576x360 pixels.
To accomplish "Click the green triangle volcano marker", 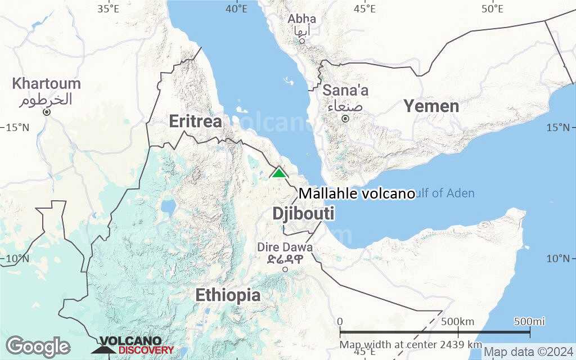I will pyautogui.click(x=279, y=172).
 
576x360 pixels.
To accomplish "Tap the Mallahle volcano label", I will pyautogui.click(x=357, y=193).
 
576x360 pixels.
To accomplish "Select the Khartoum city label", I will pyautogui.click(x=47, y=84).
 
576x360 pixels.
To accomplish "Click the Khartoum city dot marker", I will pyautogui.click(x=47, y=112).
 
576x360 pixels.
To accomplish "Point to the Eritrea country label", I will pyautogui.click(x=195, y=121).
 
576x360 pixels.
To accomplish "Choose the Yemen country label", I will pyautogui.click(x=431, y=106).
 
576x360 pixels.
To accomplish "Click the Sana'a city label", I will pyautogui.click(x=345, y=90).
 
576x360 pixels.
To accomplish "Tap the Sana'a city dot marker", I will pyautogui.click(x=345, y=119).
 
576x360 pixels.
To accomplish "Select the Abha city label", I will pyautogui.click(x=302, y=19).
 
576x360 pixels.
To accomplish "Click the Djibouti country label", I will pyautogui.click(x=303, y=214).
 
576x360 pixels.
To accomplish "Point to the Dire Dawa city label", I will pyautogui.click(x=285, y=247).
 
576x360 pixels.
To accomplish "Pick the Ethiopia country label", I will pyautogui.click(x=228, y=295).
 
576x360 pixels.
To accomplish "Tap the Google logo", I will pyautogui.click(x=38, y=346).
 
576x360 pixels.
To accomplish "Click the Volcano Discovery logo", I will pyautogui.click(x=133, y=345).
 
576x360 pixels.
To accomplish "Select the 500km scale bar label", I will pyautogui.click(x=458, y=322).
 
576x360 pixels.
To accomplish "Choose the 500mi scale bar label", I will pyautogui.click(x=529, y=322).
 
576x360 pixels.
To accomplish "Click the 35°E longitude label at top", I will pyautogui.click(x=108, y=8).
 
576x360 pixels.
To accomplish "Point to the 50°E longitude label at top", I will pyautogui.click(x=492, y=8).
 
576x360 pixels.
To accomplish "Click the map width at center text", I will pyautogui.click(x=411, y=344).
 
